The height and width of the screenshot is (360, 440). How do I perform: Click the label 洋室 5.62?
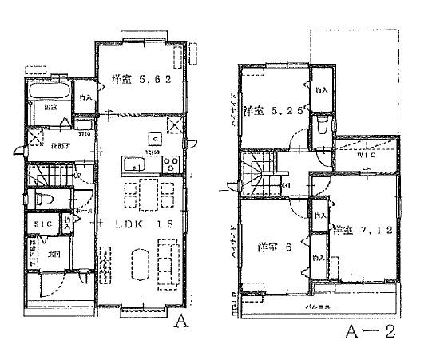[x=140, y=79]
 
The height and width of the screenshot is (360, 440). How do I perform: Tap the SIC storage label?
[x=40, y=224]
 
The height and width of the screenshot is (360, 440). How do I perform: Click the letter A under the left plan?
[x=181, y=324]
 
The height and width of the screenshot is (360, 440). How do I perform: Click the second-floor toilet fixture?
[x=321, y=127]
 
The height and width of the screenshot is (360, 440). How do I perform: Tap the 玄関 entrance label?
[x=54, y=255]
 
